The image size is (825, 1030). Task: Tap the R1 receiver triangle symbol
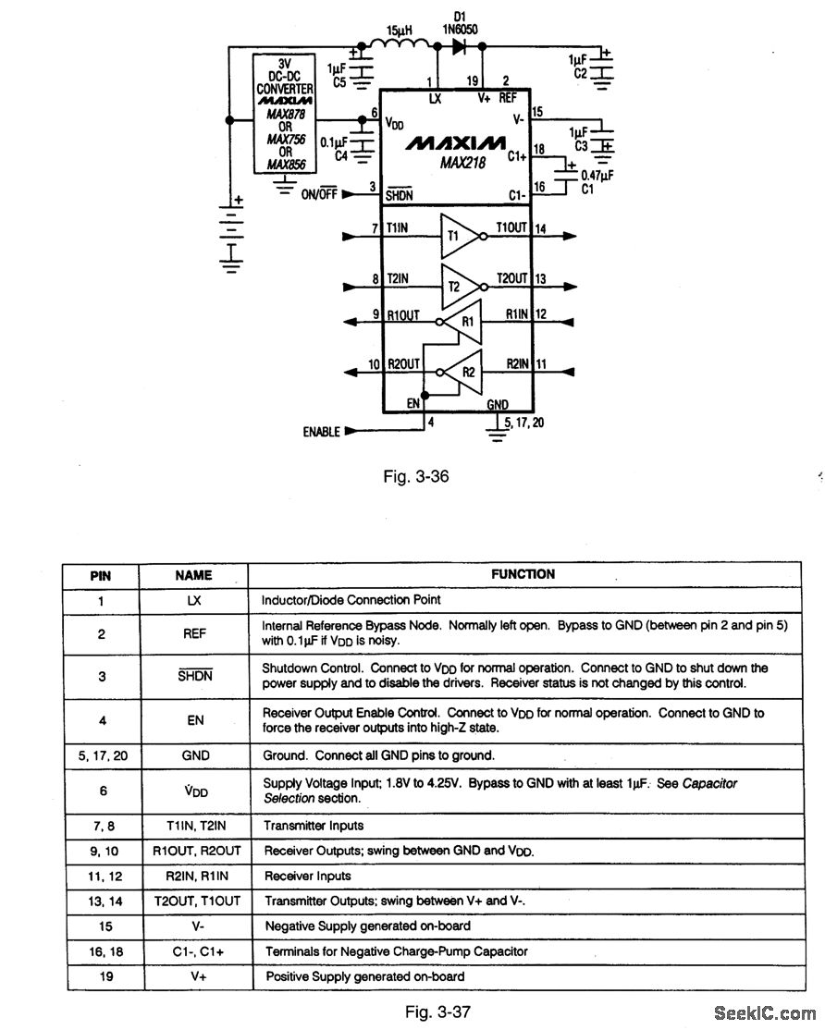464,322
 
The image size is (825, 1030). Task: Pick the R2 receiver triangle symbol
464,371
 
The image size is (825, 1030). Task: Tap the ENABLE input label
321,433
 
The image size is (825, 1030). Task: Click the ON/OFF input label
320,194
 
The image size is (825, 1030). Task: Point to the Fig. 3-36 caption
416,477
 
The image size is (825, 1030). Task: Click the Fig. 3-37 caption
438,1012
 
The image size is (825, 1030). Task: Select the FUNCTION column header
523,574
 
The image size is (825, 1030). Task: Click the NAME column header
193,575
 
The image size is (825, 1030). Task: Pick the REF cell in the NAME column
194,633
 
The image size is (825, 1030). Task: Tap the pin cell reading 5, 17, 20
101,755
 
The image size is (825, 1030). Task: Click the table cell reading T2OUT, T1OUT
194,901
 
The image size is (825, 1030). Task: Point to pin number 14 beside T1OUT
539,228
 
